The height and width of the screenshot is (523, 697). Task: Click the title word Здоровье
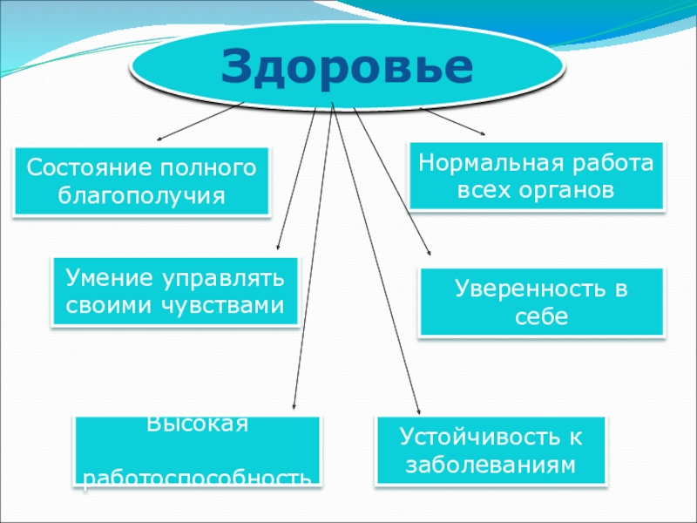tap(346, 67)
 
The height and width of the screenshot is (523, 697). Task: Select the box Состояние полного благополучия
tap(141, 181)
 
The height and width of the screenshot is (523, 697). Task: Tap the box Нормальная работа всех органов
tap(536, 176)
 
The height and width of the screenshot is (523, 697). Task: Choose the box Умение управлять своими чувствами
tap(175, 292)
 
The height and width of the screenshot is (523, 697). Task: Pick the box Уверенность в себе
tap(541, 302)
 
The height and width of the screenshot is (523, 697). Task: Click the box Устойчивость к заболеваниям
tap(491, 450)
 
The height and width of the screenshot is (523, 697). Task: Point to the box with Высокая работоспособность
tap(198, 451)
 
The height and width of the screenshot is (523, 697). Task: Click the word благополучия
tap(141, 195)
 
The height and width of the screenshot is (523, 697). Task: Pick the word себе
tap(541, 317)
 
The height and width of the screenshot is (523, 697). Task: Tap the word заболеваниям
tap(491, 465)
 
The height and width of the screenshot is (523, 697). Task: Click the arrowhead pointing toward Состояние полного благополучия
tap(159, 139)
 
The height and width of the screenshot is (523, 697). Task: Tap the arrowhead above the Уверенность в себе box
tap(430, 253)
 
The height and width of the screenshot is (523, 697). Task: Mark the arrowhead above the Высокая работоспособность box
tap(294, 406)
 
